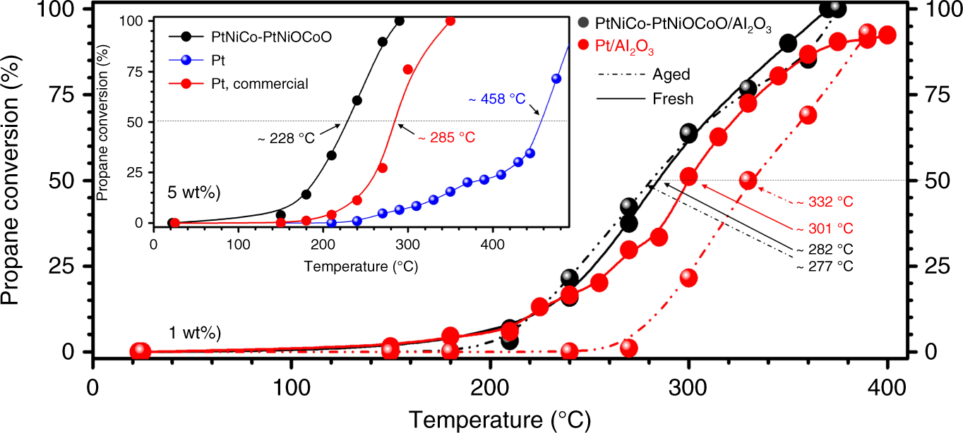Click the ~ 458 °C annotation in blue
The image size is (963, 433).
tap(496, 99)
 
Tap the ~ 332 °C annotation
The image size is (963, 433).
tap(825, 202)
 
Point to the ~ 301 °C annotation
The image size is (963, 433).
tap(825, 228)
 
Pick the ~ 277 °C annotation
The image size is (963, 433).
tap(825, 266)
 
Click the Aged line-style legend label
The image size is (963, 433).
tap(671, 74)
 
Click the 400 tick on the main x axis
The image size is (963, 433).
tap(887, 390)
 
